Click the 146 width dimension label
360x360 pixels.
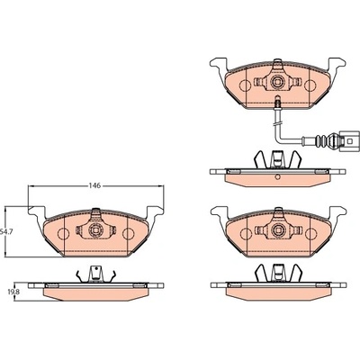click(94, 185)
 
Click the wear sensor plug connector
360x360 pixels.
click(349, 140)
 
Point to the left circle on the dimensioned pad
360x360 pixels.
click(63, 233)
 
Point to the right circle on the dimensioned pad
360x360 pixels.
click(129, 233)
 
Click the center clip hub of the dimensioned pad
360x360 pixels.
click(95, 230)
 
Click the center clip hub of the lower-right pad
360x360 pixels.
click(278, 230)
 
